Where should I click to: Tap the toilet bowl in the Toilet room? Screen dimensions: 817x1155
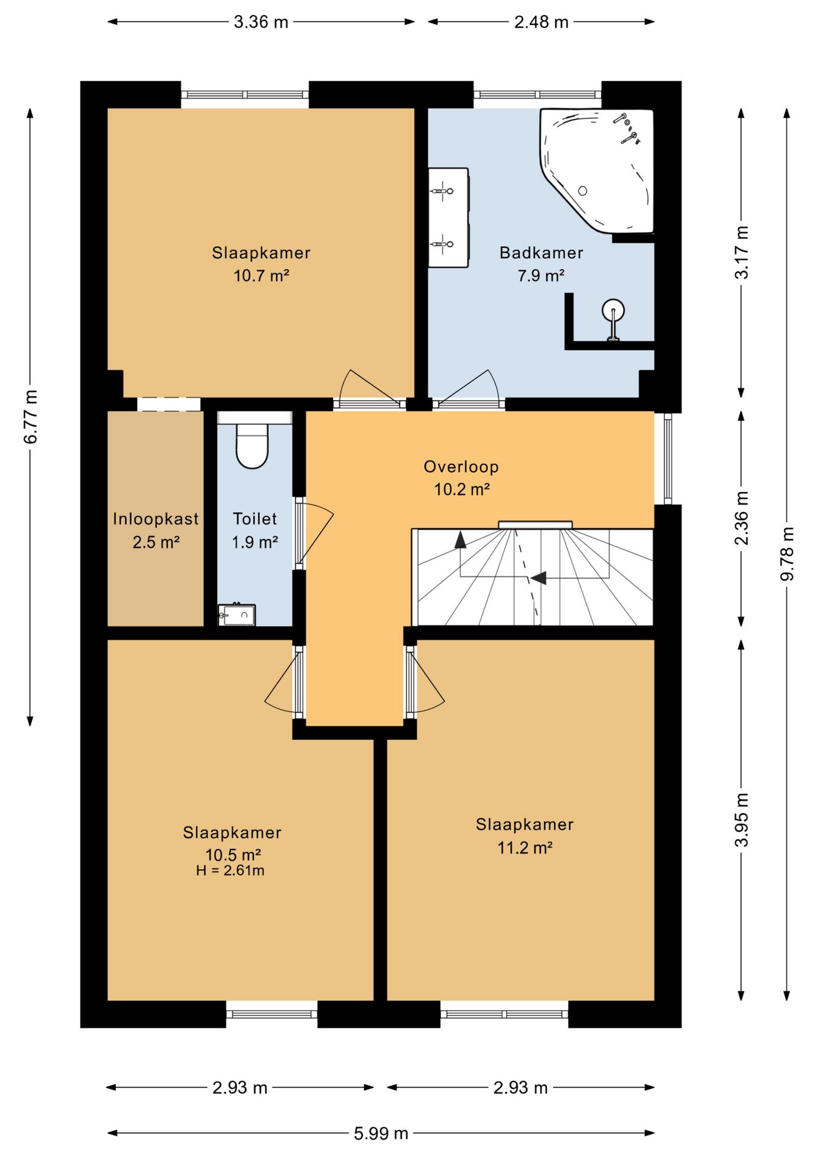[x=252, y=446]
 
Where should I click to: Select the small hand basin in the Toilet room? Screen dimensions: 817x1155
[x=236, y=614]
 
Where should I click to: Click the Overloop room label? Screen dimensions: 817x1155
[x=461, y=466]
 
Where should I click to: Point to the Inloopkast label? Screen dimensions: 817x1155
[x=156, y=519]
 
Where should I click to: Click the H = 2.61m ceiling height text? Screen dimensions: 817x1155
[x=230, y=870]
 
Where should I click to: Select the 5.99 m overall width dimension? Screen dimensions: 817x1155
[x=381, y=1133]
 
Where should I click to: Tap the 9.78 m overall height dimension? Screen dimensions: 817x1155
[x=787, y=553]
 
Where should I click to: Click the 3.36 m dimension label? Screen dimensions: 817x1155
[x=261, y=22]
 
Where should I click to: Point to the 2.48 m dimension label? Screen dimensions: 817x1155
[x=541, y=22]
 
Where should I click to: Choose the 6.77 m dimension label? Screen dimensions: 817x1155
[x=31, y=416]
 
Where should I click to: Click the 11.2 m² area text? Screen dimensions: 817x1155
[x=525, y=848]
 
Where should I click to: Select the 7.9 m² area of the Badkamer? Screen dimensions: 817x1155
[x=541, y=276]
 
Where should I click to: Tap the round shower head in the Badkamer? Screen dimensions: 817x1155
[x=613, y=310]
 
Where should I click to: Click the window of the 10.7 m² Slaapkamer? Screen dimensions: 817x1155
[x=245, y=94]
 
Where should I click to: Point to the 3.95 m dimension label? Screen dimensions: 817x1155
[x=742, y=819]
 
